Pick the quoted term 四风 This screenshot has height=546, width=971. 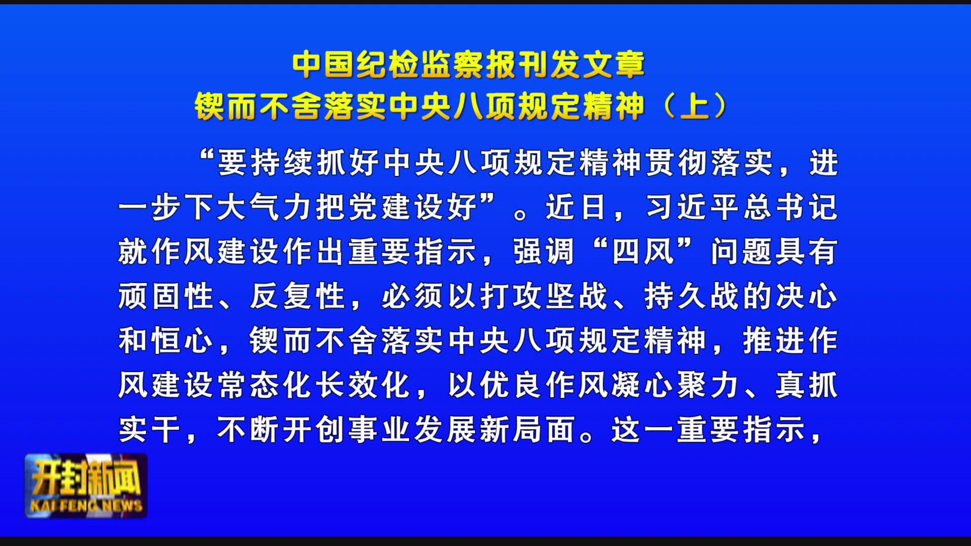coord(643,251)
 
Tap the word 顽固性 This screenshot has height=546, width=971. coord(166,296)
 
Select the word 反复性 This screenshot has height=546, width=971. coord(297,296)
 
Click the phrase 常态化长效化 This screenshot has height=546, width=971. coord(314,385)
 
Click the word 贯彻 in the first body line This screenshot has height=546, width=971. coord(676,163)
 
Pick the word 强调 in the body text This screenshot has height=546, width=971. coord(544,251)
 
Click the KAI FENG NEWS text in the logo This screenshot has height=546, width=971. coord(86,505)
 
